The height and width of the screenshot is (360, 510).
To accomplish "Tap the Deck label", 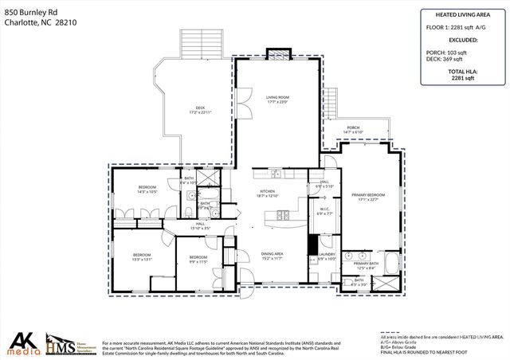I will pos(200,110).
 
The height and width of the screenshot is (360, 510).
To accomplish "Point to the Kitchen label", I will pos(266,194).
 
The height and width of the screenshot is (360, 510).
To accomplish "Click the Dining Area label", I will pos(273,256).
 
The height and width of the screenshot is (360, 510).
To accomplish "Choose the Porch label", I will pos(353,129).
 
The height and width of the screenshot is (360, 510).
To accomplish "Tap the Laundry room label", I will pos(327,256).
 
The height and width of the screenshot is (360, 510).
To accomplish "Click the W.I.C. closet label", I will pos(324,211).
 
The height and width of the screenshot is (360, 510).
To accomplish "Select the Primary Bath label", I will pos(367,265).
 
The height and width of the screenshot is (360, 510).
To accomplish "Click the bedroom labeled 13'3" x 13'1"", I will pos(142,257).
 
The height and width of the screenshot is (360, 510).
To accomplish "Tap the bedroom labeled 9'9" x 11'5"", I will pos(198,259).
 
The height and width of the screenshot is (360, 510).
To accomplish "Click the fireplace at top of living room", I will pos(277,54).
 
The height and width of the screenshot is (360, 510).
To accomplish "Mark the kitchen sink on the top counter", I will pos(276,174).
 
